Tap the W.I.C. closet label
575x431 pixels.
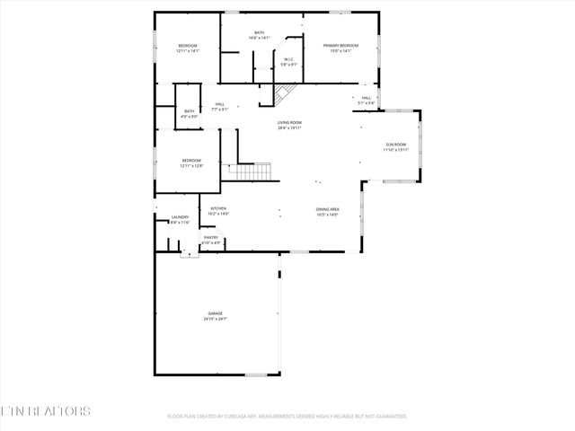click(x=289, y=62)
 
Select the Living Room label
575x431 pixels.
click(x=288, y=125)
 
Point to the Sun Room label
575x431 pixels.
click(x=395, y=147)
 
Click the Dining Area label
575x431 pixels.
click(x=326, y=211)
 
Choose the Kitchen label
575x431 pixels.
click(x=218, y=211)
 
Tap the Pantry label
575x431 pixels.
click(x=210, y=240)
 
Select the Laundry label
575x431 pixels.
click(x=180, y=219)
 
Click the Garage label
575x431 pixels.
click(x=214, y=316)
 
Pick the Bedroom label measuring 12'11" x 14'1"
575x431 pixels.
click(x=187, y=48)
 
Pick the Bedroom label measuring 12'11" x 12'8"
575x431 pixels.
click(x=191, y=163)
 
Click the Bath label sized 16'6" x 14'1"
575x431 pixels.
click(x=259, y=35)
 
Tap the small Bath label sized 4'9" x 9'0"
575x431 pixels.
click(x=190, y=114)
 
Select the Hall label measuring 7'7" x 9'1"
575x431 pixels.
click(x=219, y=106)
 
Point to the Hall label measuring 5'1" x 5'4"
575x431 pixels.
click(x=367, y=100)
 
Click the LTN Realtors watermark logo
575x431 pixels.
click(x=45, y=411)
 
